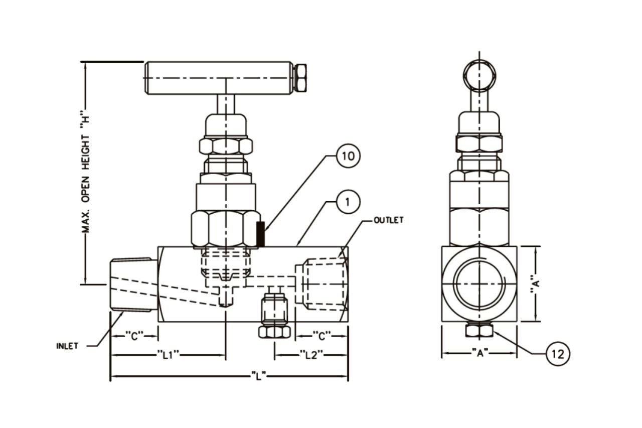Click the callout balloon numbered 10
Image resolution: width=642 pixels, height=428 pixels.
pyautogui.click(x=348, y=156)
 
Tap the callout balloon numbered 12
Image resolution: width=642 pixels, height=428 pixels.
pyautogui.click(x=558, y=354)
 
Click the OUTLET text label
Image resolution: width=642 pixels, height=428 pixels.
pyautogui.click(x=388, y=220)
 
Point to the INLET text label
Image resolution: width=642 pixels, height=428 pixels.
pyautogui.click(x=67, y=346)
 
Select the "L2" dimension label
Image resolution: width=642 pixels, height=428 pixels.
pyautogui.click(x=311, y=355)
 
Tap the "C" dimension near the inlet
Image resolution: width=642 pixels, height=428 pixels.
pyautogui.click(x=134, y=336)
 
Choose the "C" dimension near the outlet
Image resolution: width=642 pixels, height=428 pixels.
pyautogui.click(x=322, y=336)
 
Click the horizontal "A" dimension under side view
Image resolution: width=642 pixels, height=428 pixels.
pyautogui.click(x=479, y=353)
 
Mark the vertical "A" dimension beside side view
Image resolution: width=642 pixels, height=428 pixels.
pyautogui.click(x=536, y=284)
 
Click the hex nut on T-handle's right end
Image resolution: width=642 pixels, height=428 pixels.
pyautogui.click(x=301, y=78)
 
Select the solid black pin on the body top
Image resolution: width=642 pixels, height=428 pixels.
pyautogui.click(x=260, y=234)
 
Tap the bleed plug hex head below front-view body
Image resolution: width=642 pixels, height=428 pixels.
pyautogui.click(x=274, y=332)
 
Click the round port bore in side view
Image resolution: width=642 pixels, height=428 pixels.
pyautogui.click(x=479, y=284)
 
